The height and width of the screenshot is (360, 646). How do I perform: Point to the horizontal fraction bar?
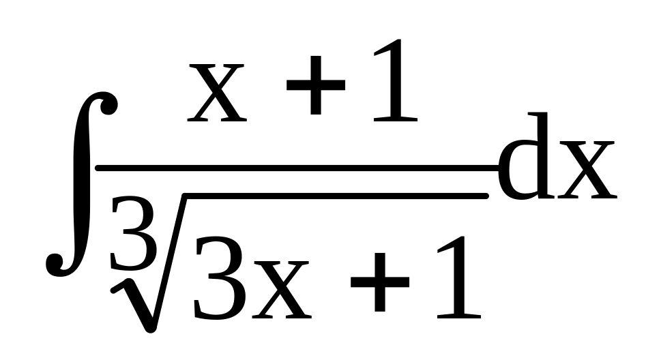pyautogui.click(x=293, y=166)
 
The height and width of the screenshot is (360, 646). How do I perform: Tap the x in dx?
pyautogui.click(x=587, y=170)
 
